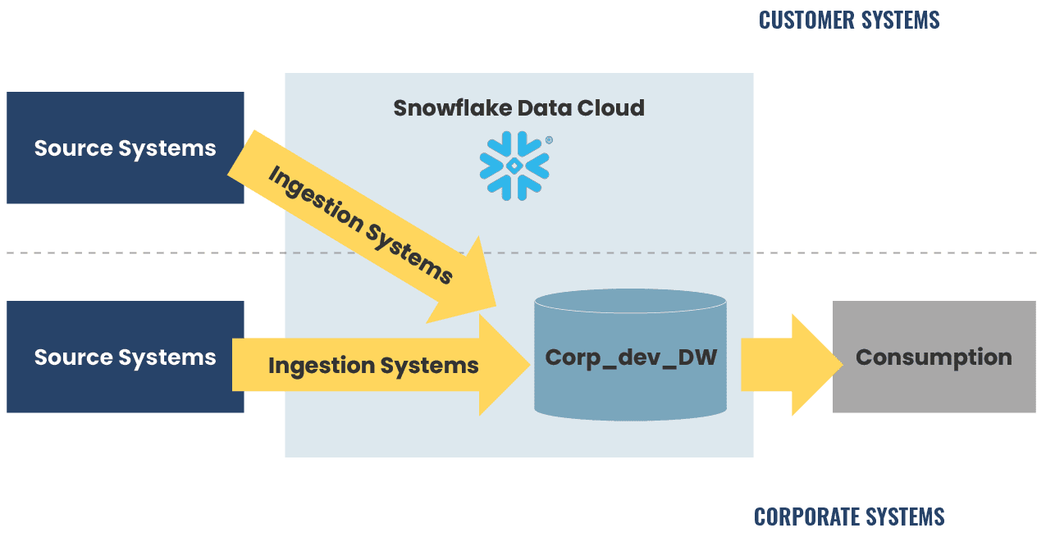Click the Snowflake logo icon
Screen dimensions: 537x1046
coord(514,166)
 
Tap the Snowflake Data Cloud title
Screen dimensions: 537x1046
coord(518,108)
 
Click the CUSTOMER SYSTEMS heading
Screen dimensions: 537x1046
coord(849,20)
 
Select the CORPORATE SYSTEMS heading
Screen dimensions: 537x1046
coord(849,517)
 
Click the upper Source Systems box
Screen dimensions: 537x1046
coord(125,148)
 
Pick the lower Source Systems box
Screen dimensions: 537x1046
coord(125,357)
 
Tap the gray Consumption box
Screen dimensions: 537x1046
coord(934,357)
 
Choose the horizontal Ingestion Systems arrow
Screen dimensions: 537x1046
coord(373,365)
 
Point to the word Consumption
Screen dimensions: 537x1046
coord(934,357)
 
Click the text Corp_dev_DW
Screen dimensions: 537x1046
coord(630,357)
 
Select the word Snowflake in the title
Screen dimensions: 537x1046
coord(441,108)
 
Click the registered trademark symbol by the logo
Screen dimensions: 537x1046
coord(549,140)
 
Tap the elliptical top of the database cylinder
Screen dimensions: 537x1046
coord(630,302)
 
